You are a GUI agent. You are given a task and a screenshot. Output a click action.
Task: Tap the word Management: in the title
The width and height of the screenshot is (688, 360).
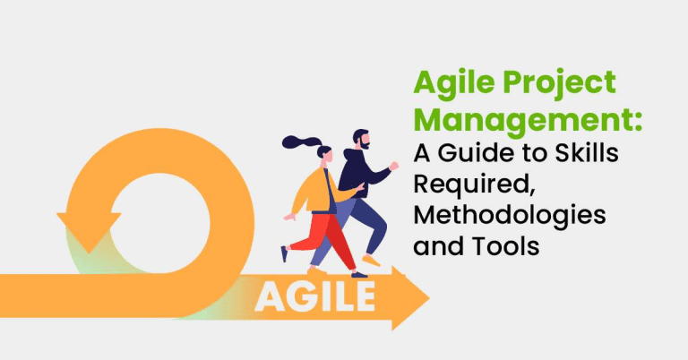tap(512, 120)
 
